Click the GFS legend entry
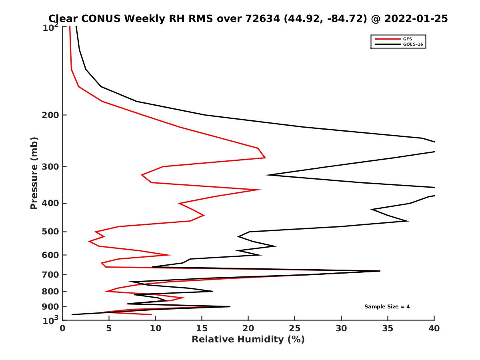[408, 39]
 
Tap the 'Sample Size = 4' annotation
[387, 307]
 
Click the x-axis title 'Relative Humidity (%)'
[248, 340]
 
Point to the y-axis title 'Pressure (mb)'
[34, 173]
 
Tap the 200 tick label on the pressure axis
[50, 115]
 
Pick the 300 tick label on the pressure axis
[50, 167]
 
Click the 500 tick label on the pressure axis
[50, 232]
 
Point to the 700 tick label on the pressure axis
[50, 275]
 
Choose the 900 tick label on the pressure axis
[50, 307]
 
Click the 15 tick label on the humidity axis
[202, 328]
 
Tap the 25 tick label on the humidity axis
[295, 328]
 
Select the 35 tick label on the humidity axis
[388, 328]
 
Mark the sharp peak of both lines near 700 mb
[380, 271]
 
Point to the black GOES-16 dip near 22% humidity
[266, 175]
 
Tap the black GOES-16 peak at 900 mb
[230, 306]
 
